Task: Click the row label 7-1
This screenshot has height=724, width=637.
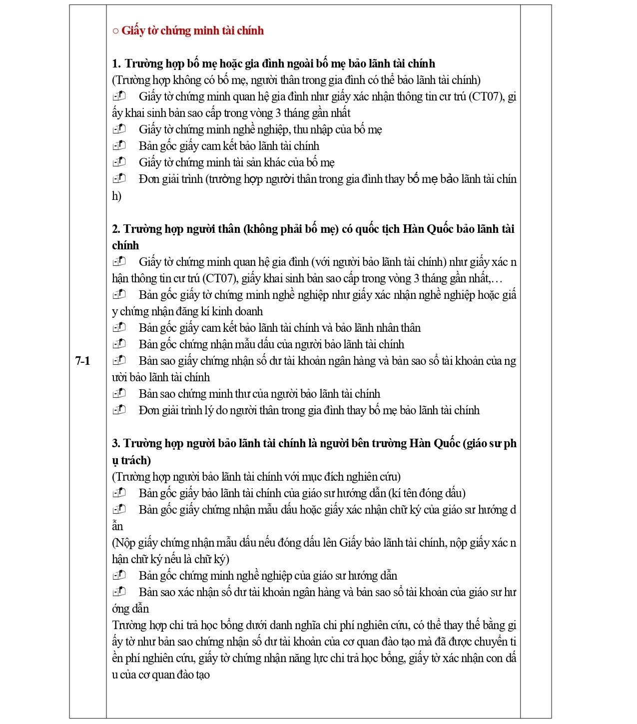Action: [x=82, y=361]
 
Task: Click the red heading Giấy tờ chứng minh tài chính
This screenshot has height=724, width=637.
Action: [x=192, y=30]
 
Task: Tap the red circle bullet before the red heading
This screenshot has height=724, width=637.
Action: [x=115, y=31]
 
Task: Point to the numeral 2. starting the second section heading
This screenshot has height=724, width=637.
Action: [x=116, y=229]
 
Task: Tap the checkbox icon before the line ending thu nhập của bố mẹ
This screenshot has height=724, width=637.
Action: [x=119, y=129]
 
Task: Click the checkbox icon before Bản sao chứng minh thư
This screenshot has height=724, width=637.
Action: [x=119, y=394]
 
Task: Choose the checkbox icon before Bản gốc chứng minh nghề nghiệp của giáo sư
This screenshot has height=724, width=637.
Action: [x=119, y=576]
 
